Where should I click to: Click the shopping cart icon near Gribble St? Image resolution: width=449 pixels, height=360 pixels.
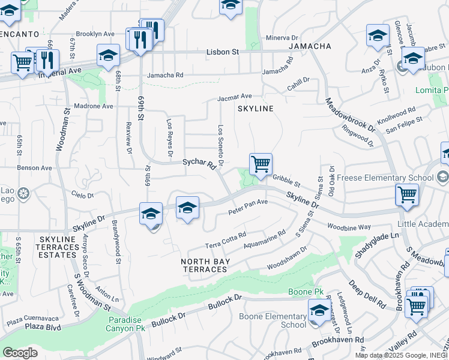(261, 164)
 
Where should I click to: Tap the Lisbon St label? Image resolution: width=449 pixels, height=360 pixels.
(223, 52)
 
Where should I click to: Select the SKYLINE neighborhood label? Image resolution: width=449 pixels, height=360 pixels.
(255, 109)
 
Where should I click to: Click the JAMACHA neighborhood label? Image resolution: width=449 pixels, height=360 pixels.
(310, 46)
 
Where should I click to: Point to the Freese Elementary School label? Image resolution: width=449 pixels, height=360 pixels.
(385, 178)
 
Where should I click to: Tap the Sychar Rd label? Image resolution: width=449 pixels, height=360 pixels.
(199, 163)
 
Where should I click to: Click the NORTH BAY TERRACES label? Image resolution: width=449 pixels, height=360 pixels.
(204, 265)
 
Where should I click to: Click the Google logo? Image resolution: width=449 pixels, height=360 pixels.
(20, 353)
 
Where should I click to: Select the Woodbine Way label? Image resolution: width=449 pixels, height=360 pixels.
(349, 227)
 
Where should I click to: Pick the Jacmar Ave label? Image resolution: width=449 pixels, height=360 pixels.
(235, 96)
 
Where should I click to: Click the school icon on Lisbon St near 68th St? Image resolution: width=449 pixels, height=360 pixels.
(108, 56)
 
